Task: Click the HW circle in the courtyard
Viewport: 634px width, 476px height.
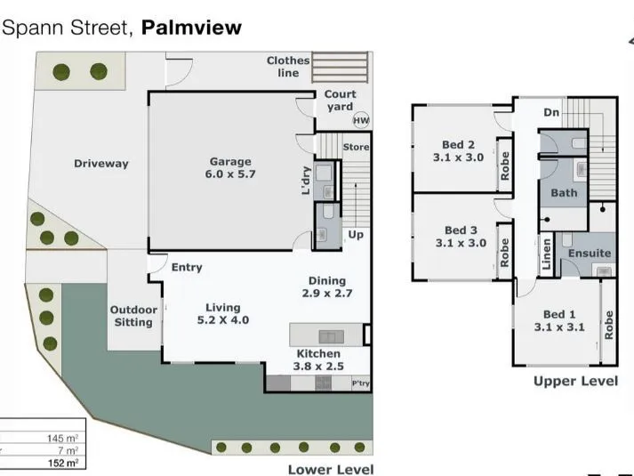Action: point(361,120)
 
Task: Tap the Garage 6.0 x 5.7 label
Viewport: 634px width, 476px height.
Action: point(230,168)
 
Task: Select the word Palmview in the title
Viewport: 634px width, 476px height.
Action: point(191,28)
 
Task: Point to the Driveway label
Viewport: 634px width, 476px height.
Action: point(101,164)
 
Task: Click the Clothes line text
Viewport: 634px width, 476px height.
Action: point(288,67)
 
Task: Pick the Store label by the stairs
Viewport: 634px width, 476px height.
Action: point(356,147)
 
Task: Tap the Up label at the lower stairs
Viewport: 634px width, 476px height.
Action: point(356,235)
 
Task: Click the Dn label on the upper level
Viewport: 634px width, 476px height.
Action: point(551,112)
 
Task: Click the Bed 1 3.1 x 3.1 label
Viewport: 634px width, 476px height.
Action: point(559,320)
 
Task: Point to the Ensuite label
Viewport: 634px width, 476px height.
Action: point(590,254)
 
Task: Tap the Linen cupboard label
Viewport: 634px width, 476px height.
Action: point(546,254)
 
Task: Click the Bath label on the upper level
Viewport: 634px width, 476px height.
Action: point(564,193)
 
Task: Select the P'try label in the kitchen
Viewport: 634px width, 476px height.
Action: point(361,383)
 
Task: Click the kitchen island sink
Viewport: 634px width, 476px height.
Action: point(332,336)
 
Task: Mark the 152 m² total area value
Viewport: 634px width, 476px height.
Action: point(63,463)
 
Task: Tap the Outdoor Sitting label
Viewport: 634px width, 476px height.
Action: point(133,316)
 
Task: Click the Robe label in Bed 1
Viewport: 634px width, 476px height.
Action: point(608,325)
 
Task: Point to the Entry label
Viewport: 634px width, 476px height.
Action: point(187,267)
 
